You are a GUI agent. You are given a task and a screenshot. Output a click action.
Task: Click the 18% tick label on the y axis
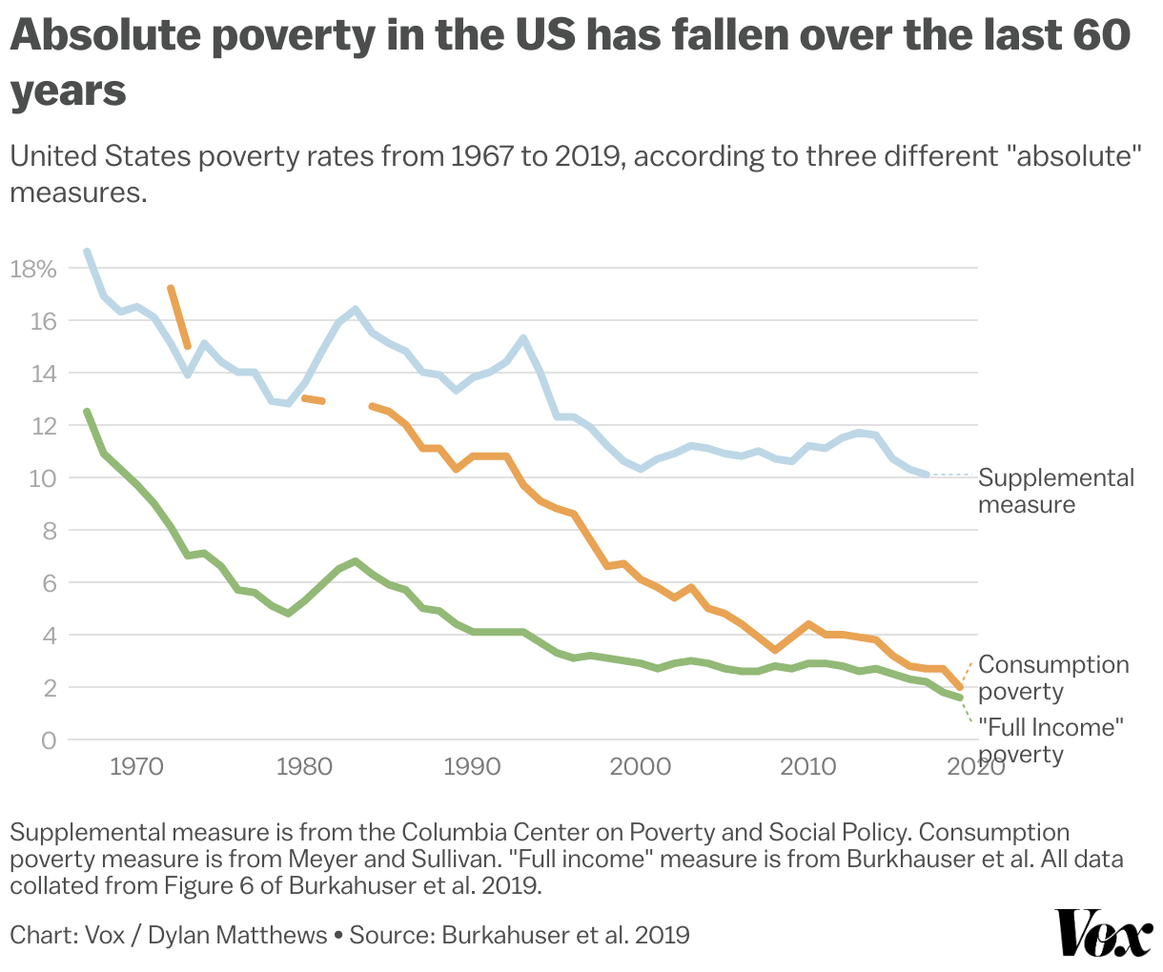(33, 270)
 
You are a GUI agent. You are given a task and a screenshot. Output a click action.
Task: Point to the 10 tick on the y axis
(43, 477)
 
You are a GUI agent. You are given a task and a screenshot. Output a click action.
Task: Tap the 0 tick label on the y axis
(49, 739)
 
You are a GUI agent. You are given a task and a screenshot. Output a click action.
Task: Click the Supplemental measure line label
(1055, 491)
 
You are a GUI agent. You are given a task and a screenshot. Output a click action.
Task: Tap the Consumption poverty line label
(1052, 678)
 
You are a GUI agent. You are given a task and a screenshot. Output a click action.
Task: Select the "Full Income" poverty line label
(1051, 740)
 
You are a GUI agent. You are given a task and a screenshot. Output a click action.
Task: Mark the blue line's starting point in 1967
(87, 252)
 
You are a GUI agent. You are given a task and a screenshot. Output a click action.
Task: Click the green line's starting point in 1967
(87, 412)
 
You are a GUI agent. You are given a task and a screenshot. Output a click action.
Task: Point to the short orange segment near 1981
(314, 399)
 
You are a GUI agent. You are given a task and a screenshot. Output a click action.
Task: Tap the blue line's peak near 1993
(523, 338)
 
